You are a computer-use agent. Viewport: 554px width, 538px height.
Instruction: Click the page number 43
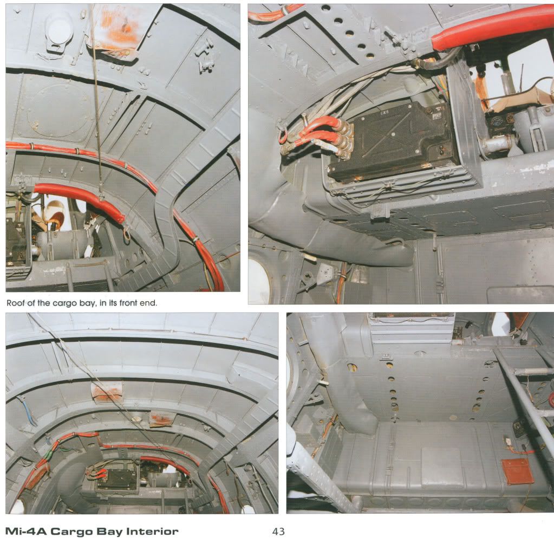pyautogui.click(x=278, y=531)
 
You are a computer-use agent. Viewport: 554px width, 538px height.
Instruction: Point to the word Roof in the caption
pyautogui.click(x=15, y=303)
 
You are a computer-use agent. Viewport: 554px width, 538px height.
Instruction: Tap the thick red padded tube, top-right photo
pyautogui.click(x=491, y=27)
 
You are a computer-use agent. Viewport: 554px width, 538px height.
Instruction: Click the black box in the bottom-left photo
pyautogui.click(x=118, y=480)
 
